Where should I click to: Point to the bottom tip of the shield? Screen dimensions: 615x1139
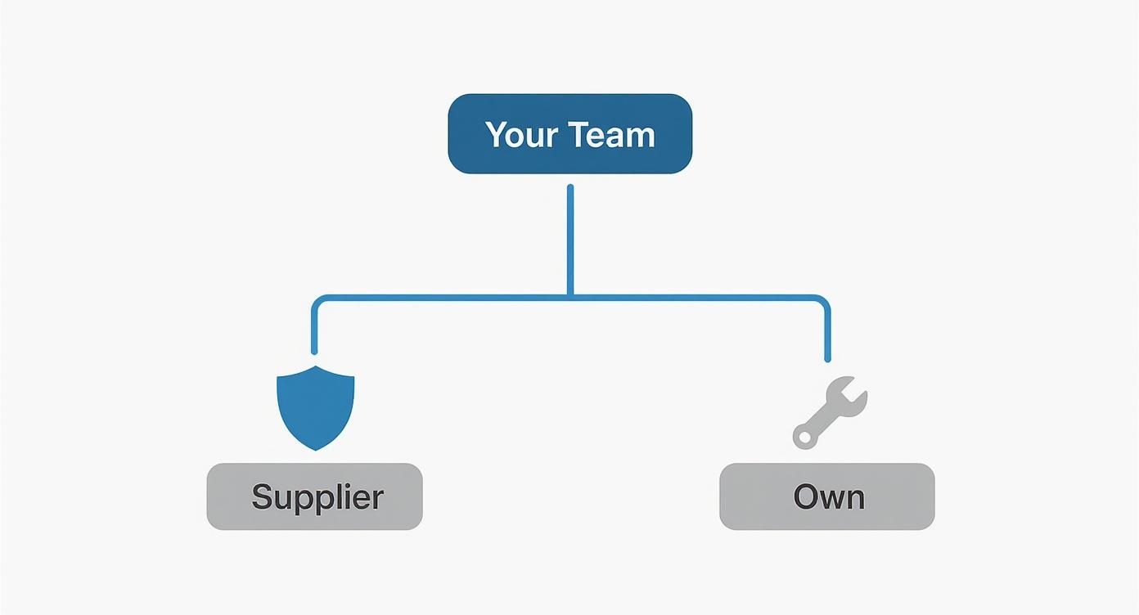point(316,448)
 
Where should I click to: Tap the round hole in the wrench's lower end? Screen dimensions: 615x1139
point(805,438)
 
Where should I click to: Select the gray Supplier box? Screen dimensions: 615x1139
point(314,496)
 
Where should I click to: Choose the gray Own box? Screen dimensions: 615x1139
point(826,496)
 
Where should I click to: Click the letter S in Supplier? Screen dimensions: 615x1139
point(262,496)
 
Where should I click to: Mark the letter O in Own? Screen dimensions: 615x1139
point(807,496)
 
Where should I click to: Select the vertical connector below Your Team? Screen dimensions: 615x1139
point(570,237)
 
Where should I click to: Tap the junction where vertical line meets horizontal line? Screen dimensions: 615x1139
point(570,297)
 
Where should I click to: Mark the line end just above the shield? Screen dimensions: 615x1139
point(314,350)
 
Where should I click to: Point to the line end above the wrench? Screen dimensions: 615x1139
point(827,358)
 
